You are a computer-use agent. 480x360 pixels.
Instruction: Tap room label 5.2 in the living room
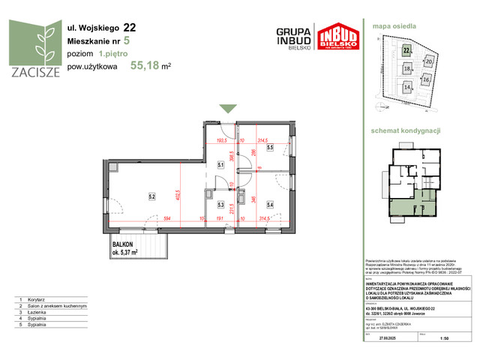click(x=151, y=198)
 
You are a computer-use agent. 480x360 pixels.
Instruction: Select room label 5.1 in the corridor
click(x=220, y=165)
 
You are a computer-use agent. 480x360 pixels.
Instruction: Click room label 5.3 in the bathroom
click(x=220, y=203)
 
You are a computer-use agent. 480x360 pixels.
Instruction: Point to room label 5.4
click(x=269, y=203)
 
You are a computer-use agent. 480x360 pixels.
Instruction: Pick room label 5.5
click(x=269, y=148)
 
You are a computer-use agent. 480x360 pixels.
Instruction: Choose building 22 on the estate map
click(x=406, y=51)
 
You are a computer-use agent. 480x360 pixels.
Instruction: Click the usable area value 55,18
click(x=146, y=64)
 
